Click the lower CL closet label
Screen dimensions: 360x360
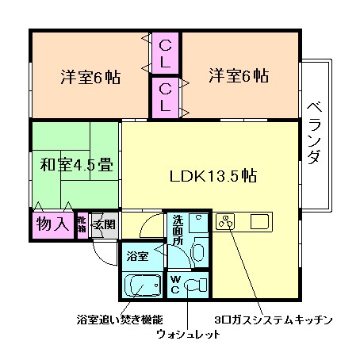point(166,95)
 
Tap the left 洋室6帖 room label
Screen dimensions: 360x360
point(90,77)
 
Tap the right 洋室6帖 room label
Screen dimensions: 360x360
point(239,76)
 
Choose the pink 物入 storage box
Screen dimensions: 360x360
point(53,224)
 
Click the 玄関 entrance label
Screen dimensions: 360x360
point(104,224)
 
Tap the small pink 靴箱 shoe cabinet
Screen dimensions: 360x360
point(82,225)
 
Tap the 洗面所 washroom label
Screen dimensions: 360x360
point(178,230)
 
